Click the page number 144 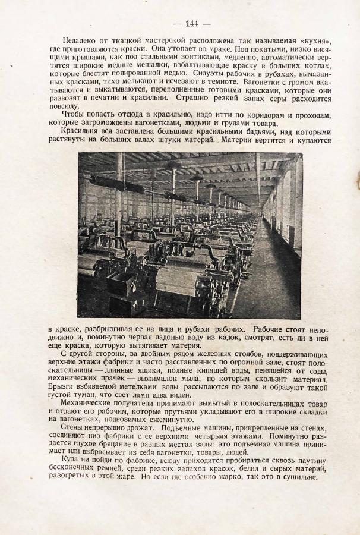click(x=192, y=23)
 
